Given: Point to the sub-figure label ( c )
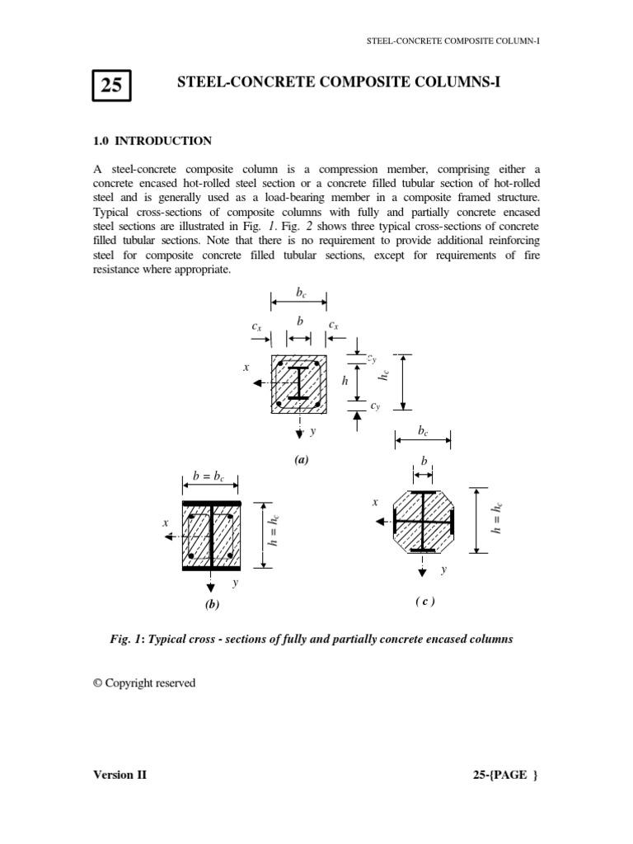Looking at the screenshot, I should [424, 601].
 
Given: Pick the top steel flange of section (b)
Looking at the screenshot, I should [211, 503].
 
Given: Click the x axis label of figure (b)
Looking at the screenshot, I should [166, 523].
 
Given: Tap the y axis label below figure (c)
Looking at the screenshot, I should [443, 569].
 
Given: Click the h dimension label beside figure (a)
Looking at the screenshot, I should [345, 382].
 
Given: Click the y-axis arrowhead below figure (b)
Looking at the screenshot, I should [211, 586].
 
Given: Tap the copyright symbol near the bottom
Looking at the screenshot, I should [98, 682].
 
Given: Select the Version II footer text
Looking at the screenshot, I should [120, 776].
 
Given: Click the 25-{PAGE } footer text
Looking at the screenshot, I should [503, 776].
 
